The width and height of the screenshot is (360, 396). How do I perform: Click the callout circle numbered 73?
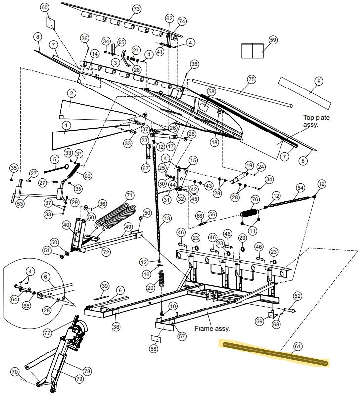[137, 9]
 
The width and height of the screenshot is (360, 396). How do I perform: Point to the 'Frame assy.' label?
[212, 328]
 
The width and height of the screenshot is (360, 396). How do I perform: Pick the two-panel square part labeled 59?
[253, 50]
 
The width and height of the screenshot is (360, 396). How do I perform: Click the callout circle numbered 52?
[297, 295]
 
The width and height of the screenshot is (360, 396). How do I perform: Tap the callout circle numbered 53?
[20, 203]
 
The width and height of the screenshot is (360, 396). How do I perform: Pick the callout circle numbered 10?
[172, 307]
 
